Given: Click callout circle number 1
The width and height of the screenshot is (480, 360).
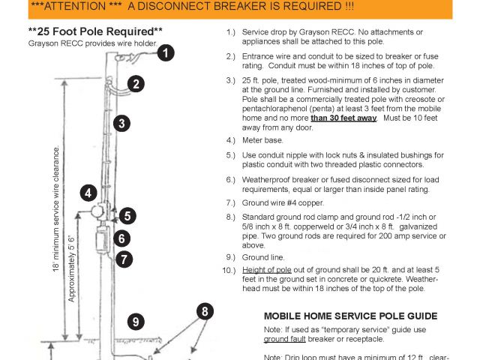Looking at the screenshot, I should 165,53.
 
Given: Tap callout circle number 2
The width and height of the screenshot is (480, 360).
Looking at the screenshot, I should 135,84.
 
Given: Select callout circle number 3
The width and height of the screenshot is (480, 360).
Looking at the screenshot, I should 122,124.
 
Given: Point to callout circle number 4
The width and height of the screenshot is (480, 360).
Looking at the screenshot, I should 88,193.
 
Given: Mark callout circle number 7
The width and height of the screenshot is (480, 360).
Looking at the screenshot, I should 124,259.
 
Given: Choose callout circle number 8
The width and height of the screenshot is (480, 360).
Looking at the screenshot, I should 205,311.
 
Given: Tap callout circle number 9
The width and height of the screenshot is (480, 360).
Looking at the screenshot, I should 136,322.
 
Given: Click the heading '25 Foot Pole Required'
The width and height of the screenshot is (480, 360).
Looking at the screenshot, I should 95,32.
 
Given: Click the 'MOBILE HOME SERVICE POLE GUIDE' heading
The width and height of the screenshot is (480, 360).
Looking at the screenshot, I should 351,315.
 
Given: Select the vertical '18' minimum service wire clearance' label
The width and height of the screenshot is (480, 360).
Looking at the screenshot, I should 55,209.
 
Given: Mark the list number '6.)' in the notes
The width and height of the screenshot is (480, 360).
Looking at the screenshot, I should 230,180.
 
